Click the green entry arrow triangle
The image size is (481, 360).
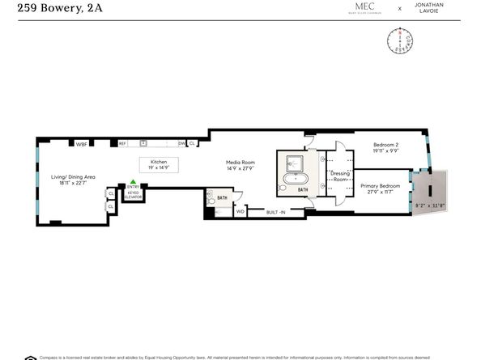point(133,183)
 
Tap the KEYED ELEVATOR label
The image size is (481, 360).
point(134,195)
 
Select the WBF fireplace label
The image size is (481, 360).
point(81,144)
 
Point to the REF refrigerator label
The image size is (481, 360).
point(123,144)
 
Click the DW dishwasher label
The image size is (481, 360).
point(182,144)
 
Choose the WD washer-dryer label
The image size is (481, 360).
point(240,211)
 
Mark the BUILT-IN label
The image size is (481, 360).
point(277,212)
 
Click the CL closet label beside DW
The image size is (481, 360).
point(193,144)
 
